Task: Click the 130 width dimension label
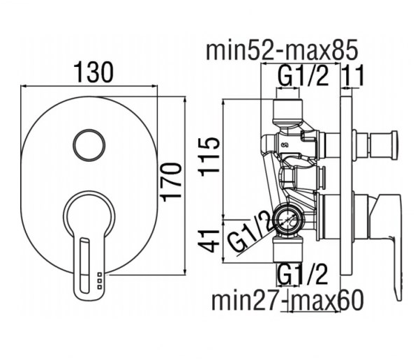[93, 72]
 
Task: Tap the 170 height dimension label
[172, 182]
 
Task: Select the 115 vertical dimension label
[209, 157]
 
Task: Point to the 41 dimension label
[209, 241]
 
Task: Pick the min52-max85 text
[282, 50]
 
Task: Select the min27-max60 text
[287, 300]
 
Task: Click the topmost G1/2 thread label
[303, 75]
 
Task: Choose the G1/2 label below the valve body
[302, 274]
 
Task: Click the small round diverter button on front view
[89, 145]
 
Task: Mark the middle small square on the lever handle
[99, 280]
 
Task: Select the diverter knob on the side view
[375, 144]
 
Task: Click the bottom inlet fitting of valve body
[288, 249]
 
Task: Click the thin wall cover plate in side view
[346, 186]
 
